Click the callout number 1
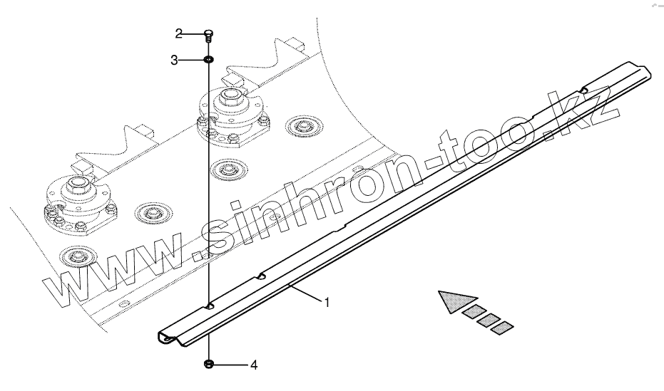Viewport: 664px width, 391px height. click(x=327, y=303)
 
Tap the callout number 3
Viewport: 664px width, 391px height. click(x=174, y=61)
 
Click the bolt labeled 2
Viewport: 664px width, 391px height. click(x=208, y=35)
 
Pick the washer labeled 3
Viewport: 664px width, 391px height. click(x=208, y=60)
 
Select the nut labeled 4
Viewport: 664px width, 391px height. click(x=209, y=365)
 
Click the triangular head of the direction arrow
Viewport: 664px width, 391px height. click(x=451, y=301)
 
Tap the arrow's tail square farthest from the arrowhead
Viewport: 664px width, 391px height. click(x=503, y=327)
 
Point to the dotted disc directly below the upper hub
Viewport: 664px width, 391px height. click(x=228, y=169)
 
